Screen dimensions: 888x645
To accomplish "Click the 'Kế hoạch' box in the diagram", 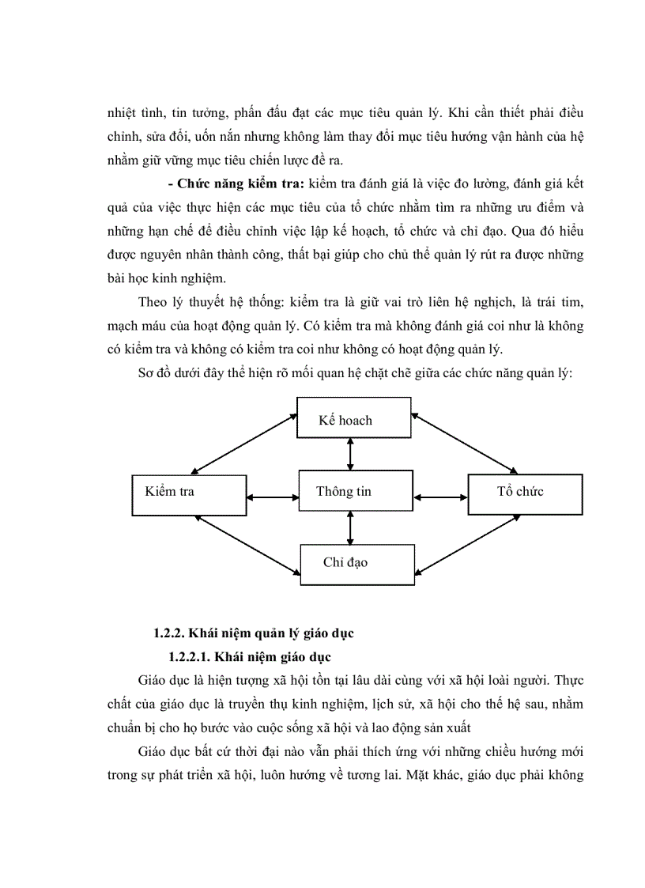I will tap(353, 417).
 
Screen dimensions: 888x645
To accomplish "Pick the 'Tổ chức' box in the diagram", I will tap(525, 492).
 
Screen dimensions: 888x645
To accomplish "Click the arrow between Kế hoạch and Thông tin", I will tap(349, 454).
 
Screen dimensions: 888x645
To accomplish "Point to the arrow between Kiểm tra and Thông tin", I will tap(273, 497).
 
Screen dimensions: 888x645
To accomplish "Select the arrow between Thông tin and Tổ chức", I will tap(441, 497).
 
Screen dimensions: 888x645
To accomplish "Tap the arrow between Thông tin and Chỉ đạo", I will tap(349, 527).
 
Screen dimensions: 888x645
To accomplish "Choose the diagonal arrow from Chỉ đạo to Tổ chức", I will tap(466, 546).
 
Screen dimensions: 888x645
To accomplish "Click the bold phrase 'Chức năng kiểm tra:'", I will tap(237, 184).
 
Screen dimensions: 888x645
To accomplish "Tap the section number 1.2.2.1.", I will tap(188, 657).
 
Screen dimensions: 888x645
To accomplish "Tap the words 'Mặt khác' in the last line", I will tap(434, 775).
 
